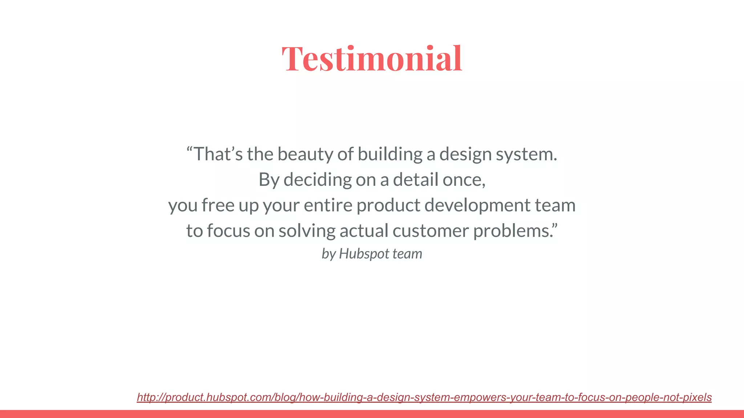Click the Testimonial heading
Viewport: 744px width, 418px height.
coord(372,58)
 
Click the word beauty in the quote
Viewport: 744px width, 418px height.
coord(305,154)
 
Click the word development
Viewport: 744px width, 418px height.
coord(477,206)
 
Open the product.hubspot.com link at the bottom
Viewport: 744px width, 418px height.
coord(424,397)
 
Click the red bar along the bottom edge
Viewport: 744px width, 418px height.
coord(372,414)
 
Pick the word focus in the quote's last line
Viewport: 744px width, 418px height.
coord(229,231)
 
